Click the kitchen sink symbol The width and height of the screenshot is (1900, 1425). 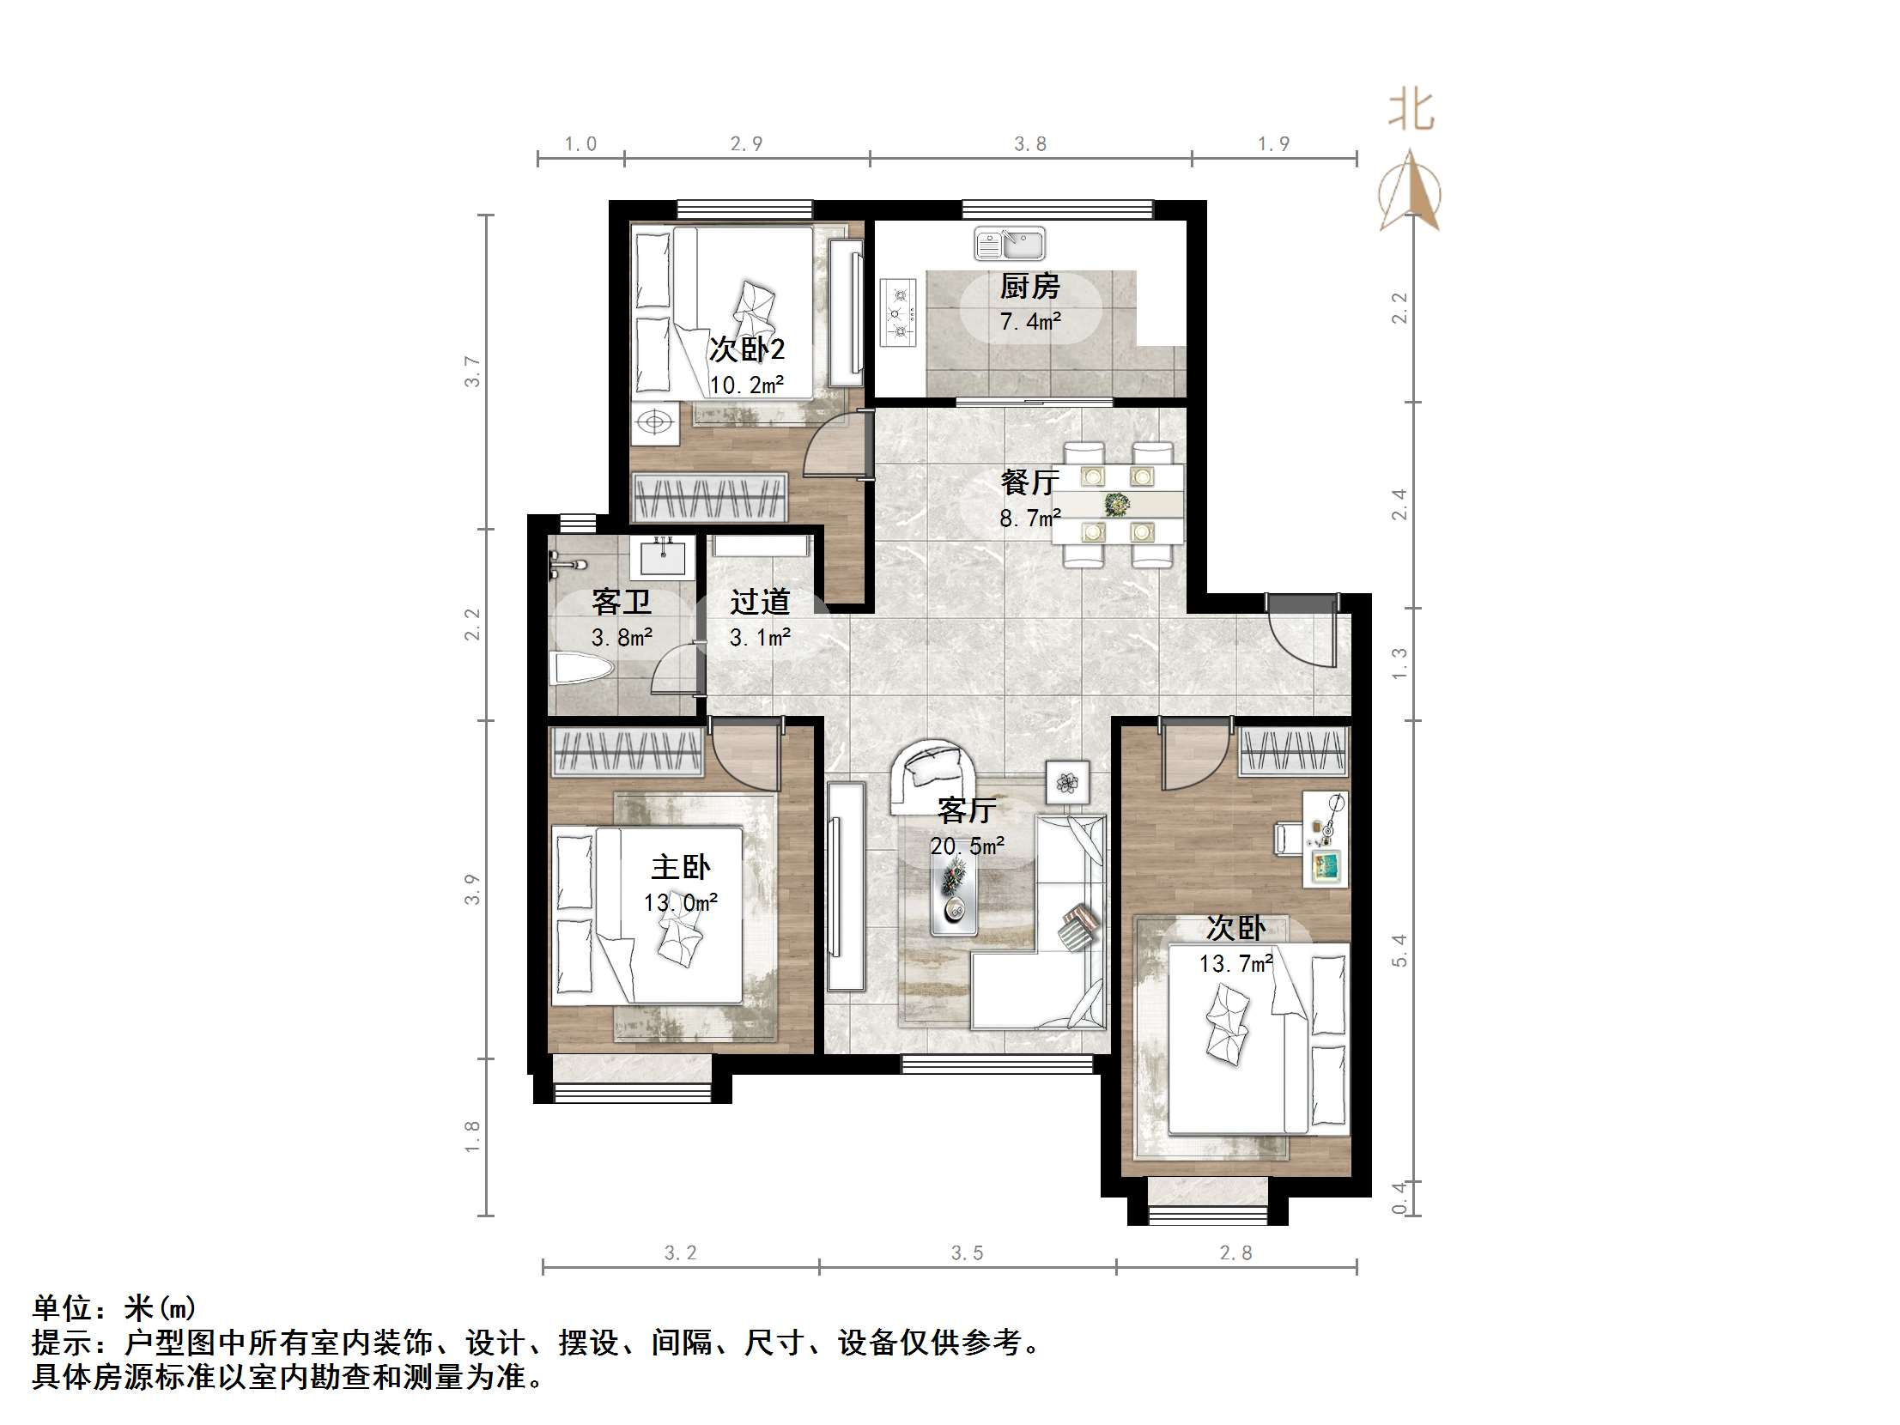(x=1010, y=244)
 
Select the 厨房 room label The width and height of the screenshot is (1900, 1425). (x=1029, y=286)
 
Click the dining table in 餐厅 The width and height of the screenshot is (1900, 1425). (x=1118, y=504)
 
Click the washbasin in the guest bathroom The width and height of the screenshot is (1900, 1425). (x=663, y=555)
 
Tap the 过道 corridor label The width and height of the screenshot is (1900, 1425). (x=759, y=602)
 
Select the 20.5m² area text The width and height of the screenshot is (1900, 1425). (x=968, y=846)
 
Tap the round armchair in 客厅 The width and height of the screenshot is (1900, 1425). (x=931, y=775)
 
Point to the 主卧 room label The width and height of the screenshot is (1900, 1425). (x=680, y=867)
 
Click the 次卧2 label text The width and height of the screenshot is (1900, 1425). (x=746, y=349)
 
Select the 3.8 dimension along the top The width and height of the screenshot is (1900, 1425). (x=1029, y=144)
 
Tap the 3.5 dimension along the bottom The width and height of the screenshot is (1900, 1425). (x=967, y=1253)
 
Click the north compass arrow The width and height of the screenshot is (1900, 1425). (x=1410, y=192)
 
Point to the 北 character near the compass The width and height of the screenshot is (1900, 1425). (x=1411, y=112)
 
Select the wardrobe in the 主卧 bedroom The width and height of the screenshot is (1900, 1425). (x=626, y=751)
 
